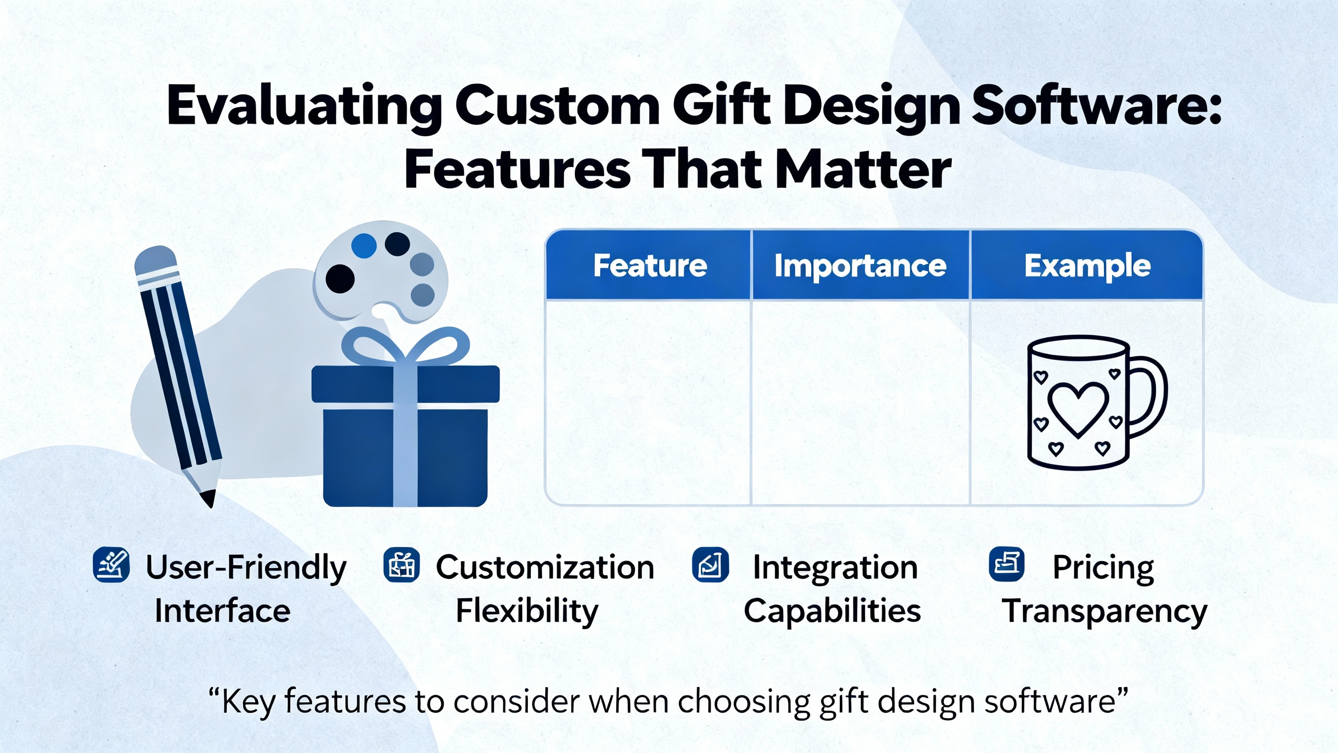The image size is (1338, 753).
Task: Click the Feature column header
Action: point(650,266)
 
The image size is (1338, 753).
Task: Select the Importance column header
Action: point(860,266)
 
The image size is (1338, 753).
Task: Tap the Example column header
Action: point(1087,266)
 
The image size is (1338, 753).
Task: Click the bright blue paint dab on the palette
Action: point(364,245)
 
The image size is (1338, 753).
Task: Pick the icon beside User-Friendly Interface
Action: point(111,565)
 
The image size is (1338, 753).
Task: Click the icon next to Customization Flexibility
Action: point(401,565)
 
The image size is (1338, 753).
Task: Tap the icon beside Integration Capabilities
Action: point(710,565)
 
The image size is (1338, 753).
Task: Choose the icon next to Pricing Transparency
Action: point(1007,564)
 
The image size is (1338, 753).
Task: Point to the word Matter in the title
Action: point(862,170)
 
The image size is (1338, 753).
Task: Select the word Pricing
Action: point(1103,568)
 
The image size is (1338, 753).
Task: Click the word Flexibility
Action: point(527,611)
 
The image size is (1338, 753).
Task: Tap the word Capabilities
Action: point(832,611)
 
